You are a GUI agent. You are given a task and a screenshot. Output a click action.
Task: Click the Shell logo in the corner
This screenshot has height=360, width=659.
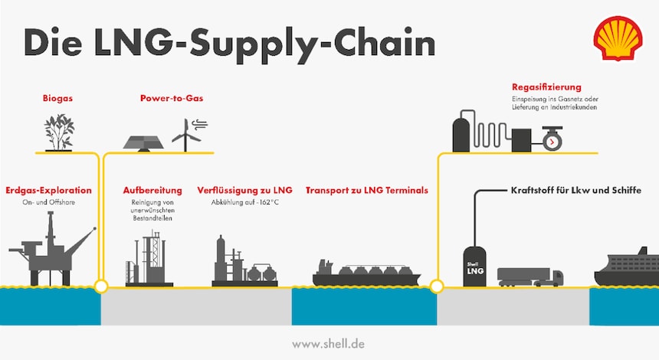click(x=618, y=40)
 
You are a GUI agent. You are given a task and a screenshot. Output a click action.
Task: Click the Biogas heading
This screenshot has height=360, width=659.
click(x=58, y=99)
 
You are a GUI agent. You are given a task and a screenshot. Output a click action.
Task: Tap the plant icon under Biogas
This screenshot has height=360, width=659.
click(x=58, y=132)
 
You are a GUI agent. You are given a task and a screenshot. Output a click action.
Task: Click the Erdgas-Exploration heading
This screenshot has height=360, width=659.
click(x=48, y=189)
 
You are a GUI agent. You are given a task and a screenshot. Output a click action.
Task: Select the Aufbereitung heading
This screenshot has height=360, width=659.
click(x=152, y=189)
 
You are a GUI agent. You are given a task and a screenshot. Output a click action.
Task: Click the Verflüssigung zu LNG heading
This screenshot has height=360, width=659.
click(x=244, y=189)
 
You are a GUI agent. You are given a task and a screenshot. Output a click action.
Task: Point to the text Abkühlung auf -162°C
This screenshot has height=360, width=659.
click(x=244, y=203)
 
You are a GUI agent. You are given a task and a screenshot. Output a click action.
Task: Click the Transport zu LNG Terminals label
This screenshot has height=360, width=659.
click(x=366, y=189)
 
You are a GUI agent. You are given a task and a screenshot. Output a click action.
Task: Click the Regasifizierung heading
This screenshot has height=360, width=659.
click(x=546, y=87)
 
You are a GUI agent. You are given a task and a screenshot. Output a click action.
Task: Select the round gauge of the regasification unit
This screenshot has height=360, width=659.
click(x=551, y=142)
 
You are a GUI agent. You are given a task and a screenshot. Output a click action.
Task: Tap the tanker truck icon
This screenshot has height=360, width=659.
click(x=529, y=276)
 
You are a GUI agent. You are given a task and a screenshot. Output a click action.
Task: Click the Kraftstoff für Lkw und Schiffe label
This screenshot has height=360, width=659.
click(x=574, y=189)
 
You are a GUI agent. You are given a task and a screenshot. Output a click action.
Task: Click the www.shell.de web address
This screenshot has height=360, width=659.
click(x=329, y=344)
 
